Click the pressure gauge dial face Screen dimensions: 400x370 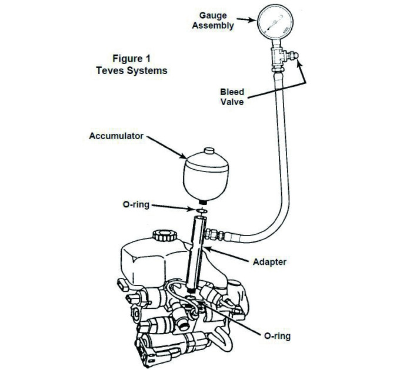tap(275, 22)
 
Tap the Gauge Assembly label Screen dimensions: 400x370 tap(213, 21)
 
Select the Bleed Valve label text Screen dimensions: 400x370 tap(232, 97)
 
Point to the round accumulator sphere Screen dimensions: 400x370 tap(206, 176)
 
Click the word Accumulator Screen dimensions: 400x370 tap(116, 136)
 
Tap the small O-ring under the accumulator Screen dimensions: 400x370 tap(202, 211)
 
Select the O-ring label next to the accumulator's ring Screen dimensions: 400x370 tap(136, 204)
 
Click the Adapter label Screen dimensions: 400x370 tap(269, 262)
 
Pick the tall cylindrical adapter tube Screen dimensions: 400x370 tap(196, 254)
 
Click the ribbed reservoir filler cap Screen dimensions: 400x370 tap(165, 236)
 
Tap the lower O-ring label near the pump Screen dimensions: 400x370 tap(277, 336)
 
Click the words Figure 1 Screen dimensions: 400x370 tap(131, 59)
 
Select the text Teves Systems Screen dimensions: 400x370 tap(132, 70)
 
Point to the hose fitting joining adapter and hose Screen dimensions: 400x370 tap(215, 234)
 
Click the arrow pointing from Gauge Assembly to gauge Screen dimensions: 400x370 tap(246, 19)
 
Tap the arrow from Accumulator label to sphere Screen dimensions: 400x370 tap(167, 147)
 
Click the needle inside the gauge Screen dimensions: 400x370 tap(274, 23)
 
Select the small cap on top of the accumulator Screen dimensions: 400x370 tap(209, 150)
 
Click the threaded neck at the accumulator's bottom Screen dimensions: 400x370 tap(203, 202)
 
